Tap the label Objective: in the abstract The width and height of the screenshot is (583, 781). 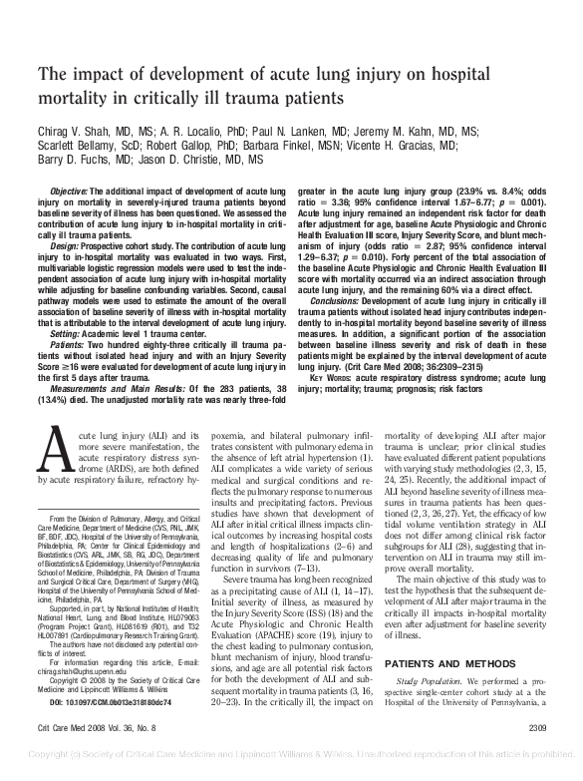point(69,189)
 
